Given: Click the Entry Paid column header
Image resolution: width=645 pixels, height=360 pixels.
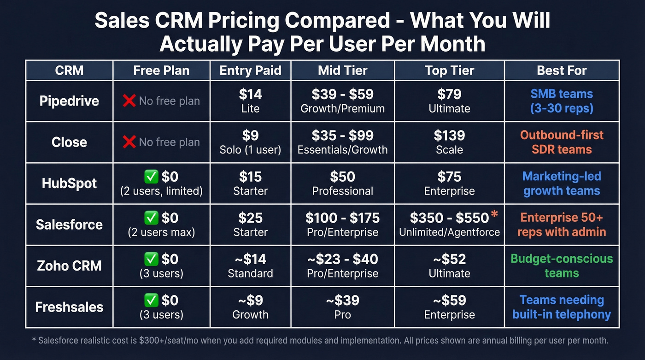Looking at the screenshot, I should coord(250,71).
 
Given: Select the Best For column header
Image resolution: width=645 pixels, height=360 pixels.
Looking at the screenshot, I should coord(562,71).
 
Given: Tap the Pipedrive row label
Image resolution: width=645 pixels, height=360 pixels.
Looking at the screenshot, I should coord(69,101).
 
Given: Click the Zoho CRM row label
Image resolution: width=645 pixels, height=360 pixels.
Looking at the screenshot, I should coord(69,266).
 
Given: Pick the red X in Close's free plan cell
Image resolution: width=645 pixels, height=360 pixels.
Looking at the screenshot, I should coord(129,142).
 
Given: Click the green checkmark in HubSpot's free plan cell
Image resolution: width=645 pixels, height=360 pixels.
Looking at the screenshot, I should coord(151,177).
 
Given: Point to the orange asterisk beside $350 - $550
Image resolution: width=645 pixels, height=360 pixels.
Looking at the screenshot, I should coord(495,215).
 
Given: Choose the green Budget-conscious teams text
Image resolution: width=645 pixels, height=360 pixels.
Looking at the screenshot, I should coord(562,266).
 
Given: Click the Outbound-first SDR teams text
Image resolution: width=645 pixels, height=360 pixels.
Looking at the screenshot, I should coord(562,142).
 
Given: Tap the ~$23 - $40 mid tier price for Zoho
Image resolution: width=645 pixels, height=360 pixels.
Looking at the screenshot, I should coord(342,260).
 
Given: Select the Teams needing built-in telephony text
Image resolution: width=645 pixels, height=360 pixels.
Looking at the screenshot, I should coord(562,307).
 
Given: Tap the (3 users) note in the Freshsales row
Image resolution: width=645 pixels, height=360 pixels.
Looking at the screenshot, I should coord(161,315).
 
